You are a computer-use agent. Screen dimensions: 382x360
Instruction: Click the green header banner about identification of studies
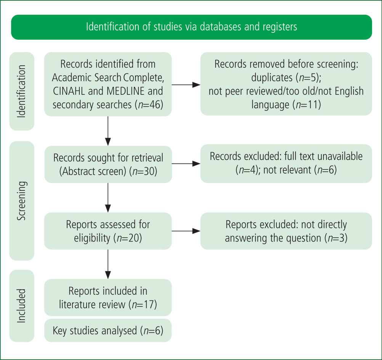191,27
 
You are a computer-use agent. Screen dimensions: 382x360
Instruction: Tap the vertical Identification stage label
22,91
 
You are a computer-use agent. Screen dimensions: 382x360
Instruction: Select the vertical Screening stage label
22,201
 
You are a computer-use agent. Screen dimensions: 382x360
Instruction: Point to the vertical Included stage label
22,306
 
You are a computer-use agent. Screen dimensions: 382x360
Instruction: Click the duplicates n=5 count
308,77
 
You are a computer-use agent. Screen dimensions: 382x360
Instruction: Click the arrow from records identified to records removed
186,85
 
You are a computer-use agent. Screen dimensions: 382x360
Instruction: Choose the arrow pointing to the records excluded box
186,164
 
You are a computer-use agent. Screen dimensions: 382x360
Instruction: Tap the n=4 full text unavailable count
248,170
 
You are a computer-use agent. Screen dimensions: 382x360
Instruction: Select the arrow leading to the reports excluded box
186,231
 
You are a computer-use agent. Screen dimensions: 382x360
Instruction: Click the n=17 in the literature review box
143,305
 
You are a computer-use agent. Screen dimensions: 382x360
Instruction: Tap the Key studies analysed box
108,331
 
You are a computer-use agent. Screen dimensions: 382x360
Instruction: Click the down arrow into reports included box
108,264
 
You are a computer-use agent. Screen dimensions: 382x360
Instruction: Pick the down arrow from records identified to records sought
108,131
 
